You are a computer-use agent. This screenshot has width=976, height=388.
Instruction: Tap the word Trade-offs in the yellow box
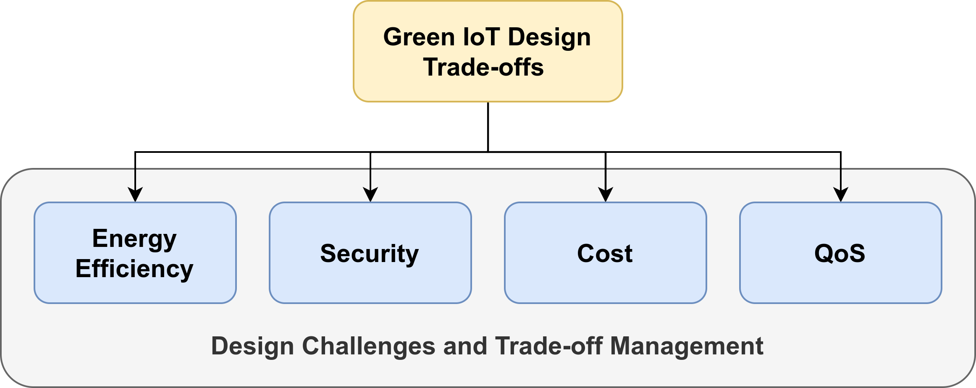tap(483, 67)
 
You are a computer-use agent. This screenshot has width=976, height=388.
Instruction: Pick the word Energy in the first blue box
tap(134, 239)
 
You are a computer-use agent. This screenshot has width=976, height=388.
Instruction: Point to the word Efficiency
tap(134, 269)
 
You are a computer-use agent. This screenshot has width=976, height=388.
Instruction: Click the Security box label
tap(370, 254)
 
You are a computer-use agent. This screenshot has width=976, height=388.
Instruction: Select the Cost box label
tap(605, 254)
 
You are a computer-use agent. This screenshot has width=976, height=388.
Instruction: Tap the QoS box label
tap(840, 254)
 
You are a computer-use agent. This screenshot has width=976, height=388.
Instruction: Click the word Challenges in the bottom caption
tap(368, 346)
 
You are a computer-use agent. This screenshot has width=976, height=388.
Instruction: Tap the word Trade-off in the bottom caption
tap(549, 346)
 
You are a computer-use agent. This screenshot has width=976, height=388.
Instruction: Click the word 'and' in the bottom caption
tap(465, 346)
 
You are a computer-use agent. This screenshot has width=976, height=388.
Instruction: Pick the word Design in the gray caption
tap(252, 346)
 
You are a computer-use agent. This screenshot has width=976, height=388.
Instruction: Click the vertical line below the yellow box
tap(488, 126)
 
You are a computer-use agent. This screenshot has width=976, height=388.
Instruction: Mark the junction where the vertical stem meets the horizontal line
tap(488, 152)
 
